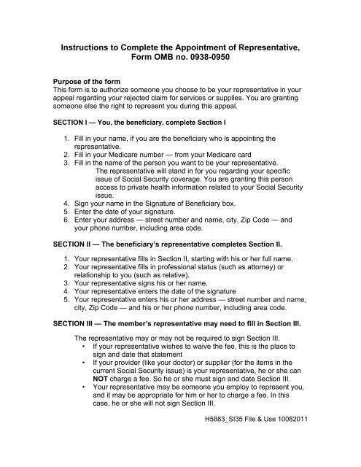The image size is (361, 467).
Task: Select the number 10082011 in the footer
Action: pos(322,440)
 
